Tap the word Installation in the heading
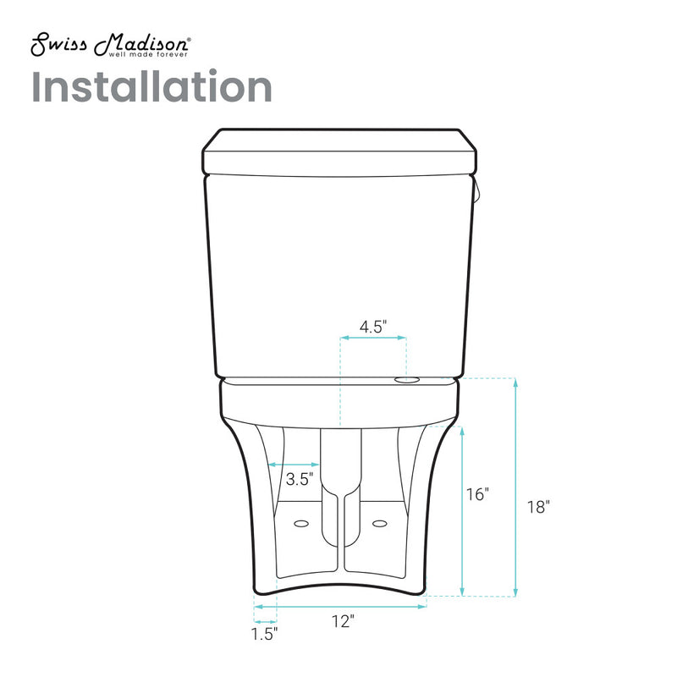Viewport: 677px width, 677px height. coord(152,87)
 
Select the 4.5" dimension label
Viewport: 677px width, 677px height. coord(372,327)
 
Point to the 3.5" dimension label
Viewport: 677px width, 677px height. coord(300,479)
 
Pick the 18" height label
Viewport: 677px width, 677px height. coord(538,507)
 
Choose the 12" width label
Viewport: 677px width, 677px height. coord(343,622)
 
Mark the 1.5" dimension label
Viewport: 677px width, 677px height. coord(264,632)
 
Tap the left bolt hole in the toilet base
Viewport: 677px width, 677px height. coord(300,525)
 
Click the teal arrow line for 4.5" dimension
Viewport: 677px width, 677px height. coord(373,338)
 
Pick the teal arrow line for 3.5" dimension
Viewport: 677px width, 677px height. coord(294,464)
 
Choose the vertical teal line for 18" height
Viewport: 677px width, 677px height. coord(515,487)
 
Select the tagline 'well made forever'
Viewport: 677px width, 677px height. coord(149,55)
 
